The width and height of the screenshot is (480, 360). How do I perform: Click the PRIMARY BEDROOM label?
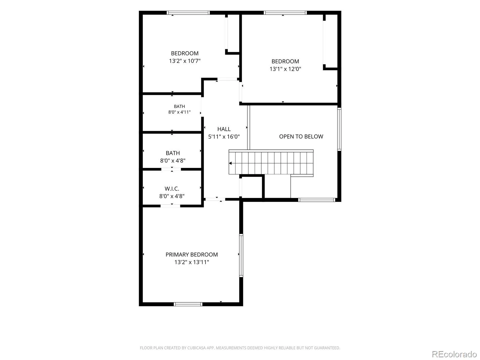point(192,255)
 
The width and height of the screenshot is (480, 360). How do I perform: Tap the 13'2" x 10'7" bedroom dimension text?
point(185,61)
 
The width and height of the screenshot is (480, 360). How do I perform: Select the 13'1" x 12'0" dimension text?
point(285,69)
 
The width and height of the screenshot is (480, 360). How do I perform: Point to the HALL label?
point(224,129)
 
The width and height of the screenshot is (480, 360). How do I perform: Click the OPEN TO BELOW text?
point(301,136)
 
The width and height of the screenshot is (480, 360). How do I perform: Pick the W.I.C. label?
point(172,189)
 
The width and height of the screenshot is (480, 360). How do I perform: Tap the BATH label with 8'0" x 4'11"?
point(179,106)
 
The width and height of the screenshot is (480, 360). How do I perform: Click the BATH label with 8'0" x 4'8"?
point(173,153)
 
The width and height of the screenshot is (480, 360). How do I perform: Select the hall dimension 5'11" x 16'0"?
point(224,136)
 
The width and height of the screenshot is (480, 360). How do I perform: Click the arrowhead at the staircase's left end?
point(230,163)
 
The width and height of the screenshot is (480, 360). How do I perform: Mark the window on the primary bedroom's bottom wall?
point(188,304)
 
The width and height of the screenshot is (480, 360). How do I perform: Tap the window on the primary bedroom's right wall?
point(241,256)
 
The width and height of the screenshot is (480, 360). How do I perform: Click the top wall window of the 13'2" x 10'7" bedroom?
point(188,13)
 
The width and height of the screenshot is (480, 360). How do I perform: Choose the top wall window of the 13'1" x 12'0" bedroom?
point(285,13)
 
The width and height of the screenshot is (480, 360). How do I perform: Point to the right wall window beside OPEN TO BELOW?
point(339,129)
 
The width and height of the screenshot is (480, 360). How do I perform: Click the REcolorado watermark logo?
point(454,354)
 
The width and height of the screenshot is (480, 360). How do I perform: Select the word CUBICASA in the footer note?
point(196,348)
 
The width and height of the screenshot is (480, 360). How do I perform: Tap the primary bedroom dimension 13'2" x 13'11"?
point(192,262)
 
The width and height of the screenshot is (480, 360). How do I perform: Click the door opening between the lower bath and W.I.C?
point(171,169)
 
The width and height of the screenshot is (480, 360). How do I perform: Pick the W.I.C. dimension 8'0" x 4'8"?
point(172,196)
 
